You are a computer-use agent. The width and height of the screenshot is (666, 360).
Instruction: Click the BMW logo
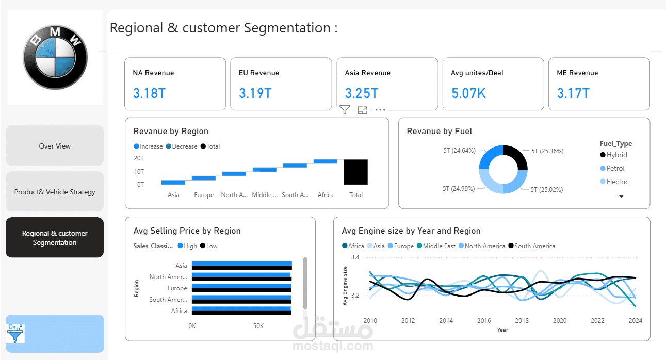pyautogui.click(x=55, y=57)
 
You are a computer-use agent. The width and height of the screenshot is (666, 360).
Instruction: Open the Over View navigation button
pyautogui.click(x=55, y=145)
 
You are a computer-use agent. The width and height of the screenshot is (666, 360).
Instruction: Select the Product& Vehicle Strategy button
pyautogui.click(x=55, y=191)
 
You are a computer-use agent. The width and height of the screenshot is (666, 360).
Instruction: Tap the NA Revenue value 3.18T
pyautogui.click(x=149, y=93)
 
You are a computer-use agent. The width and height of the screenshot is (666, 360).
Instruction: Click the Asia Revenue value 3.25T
pyautogui.click(x=362, y=93)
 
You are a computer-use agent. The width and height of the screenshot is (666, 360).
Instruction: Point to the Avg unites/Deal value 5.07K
pyautogui.click(x=468, y=93)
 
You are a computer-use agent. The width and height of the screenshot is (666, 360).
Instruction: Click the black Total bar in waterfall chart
pyautogui.click(x=356, y=172)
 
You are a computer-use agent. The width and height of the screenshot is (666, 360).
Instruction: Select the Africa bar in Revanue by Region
pyautogui.click(x=326, y=161)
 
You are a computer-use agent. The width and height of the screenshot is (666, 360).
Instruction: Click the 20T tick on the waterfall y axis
pyautogui.click(x=139, y=158)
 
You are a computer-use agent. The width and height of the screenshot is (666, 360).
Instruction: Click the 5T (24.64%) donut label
pyautogui.click(x=459, y=151)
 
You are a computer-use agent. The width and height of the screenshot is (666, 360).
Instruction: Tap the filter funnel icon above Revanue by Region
pyautogui.click(x=345, y=110)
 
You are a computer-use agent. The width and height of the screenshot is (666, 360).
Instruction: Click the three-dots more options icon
pyautogui.click(x=380, y=110)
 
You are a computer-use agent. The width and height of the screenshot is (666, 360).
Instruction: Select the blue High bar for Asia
pyautogui.click(x=242, y=264)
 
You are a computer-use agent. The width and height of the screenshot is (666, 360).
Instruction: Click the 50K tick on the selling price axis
pyautogui.click(x=258, y=326)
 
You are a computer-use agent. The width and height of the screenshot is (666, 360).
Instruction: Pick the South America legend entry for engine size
pyautogui.click(x=531, y=246)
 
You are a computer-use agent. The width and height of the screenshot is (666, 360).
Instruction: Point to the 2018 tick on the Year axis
pyautogui.click(x=522, y=320)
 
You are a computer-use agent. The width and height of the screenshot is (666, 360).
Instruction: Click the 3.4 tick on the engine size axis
pyautogui.click(x=355, y=257)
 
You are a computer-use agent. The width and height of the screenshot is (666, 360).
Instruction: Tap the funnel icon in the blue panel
pyautogui.click(x=15, y=333)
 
